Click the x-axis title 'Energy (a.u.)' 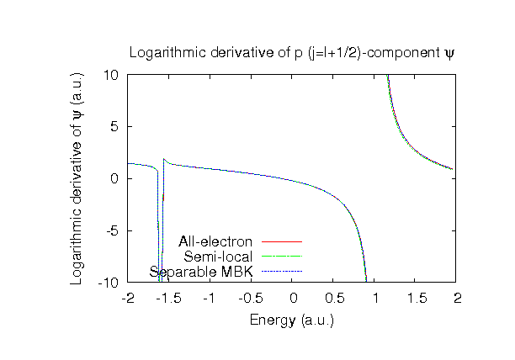[292, 320]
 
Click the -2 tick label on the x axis [128, 299]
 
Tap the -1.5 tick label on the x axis [169, 299]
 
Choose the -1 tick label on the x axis [210, 299]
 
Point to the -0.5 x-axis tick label [252, 299]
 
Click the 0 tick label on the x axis [293, 299]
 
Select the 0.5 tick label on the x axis [334, 299]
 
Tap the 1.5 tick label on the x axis [417, 299]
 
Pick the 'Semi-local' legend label [218, 257]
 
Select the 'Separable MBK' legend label [201, 271]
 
